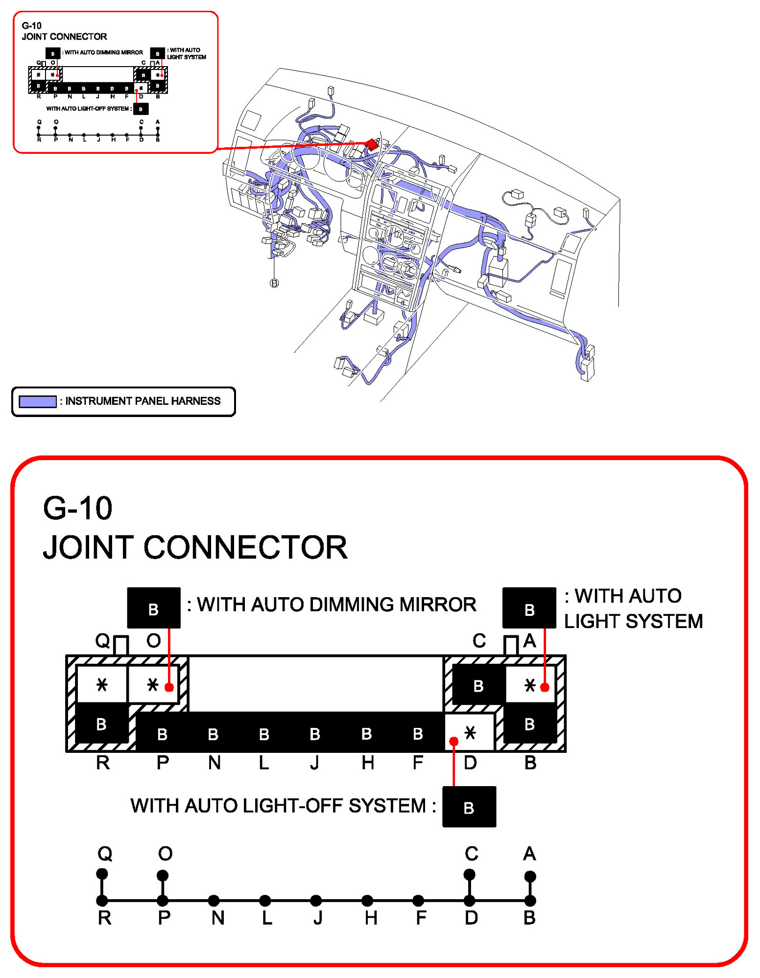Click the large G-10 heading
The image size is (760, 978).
click(x=77, y=508)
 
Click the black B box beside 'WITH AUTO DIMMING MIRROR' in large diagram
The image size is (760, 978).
click(x=153, y=608)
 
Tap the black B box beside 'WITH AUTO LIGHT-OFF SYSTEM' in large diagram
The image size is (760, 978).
click(x=469, y=807)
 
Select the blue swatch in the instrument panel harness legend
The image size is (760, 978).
click(x=37, y=401)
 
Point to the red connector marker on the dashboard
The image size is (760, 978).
click(x=372, y=144)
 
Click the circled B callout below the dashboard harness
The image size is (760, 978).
click(x=274, y=283)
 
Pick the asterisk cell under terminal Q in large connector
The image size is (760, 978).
click(x=102, y=684)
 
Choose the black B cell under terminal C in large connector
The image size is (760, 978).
click(x=478, y=686)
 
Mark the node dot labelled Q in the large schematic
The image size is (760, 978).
click(x=102, y=874)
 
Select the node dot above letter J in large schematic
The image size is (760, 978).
click(x=316, y=900)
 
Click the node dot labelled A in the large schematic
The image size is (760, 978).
click(x=530, y=876)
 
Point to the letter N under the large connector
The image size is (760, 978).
click(x=214, y=763)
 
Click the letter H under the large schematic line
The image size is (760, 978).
click(x=371, y=918)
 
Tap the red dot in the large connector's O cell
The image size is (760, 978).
click(x=169, y=687)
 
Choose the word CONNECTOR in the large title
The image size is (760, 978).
click(x=245, y=547)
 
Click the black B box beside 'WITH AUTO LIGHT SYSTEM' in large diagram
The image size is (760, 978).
click(x=529, y=608)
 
